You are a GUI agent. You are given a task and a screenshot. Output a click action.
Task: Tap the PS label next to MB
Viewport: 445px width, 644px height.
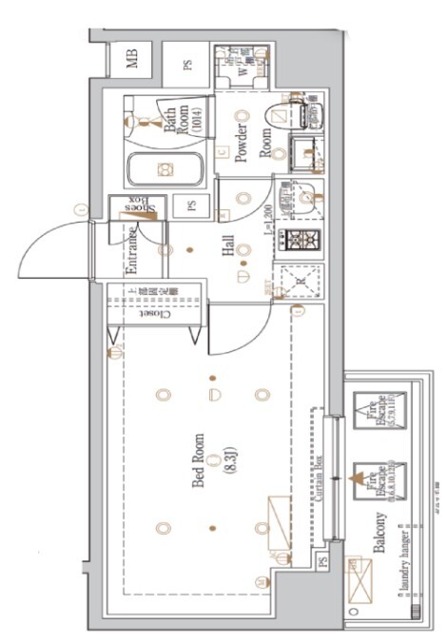coord(188,65)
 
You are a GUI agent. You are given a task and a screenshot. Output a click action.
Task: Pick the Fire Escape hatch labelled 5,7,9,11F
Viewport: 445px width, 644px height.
coord(376,412)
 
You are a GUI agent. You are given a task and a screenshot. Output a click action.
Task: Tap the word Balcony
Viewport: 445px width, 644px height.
coord(380,533)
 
